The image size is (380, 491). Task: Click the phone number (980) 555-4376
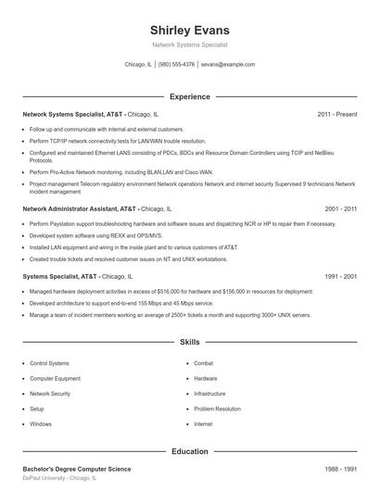click(x=176, y=65)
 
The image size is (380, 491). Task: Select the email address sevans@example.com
click(x=227, y=65)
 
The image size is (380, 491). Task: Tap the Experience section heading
click(x=189, y=96)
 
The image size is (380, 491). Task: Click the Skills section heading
click(x=189, y=342)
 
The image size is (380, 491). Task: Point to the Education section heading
click(x=189, y=451)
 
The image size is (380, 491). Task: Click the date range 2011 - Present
click(x=336, y=114)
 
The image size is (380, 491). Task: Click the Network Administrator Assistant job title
click(x=79, y=209)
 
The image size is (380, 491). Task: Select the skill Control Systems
click(x=49, y=363)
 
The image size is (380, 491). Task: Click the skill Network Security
click(x=50, y=394)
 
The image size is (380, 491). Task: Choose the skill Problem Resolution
click(x=217, y=409)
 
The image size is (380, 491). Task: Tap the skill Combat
click(x=203, y=363)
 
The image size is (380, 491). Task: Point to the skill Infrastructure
click(x=209, y=394)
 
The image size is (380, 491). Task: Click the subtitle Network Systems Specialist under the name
click(x=189, y=44)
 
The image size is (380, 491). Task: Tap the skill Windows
click(x=41, y=423)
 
